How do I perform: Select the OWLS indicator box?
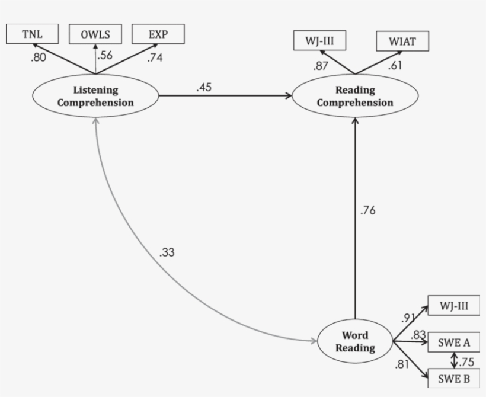pos(95,34)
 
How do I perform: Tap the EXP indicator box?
pos(158,33)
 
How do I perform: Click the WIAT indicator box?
pos(402,41)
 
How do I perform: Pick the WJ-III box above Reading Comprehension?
pos(319,41)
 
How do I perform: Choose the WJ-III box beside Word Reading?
pos(453,306)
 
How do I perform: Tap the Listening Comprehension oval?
pos(95,97)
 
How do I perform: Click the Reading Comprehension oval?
pos(354,97)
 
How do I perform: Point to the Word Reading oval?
pos(355,342)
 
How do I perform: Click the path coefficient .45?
pos(204,87)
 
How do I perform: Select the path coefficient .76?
pos(367,210)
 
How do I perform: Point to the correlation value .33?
pos(167,252)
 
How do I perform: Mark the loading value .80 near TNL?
pos(37,58)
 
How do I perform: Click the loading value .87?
pos(321,66)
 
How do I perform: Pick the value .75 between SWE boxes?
pos(466,362)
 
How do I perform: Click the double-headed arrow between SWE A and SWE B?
pos(455,360)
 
